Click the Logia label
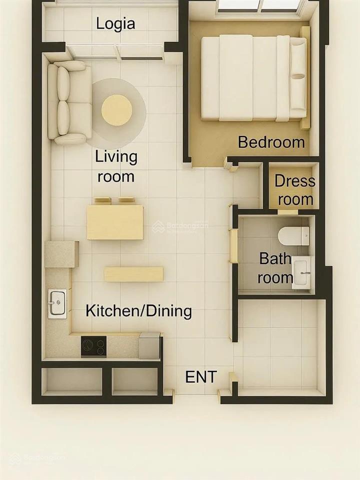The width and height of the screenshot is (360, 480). [x=115, y=23]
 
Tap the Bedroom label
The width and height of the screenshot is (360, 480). [x=271, y=142]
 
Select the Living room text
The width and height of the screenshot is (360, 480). [x=116, y=166]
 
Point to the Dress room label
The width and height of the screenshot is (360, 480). [x=295, y=190]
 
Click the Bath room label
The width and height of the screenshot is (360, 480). [x=275, y=268]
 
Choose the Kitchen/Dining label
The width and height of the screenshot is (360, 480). [x=138, y=311]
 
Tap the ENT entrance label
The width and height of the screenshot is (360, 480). [x=201, y=377]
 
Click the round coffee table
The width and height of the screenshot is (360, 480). [x=117, y=110]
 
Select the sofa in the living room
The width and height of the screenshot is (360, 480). [x=69, y=102]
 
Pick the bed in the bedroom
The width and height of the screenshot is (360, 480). [x=252, y=77]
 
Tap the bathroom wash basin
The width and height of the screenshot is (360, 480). [x=301, y=272]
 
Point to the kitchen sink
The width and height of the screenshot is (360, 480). [x=57, y=303]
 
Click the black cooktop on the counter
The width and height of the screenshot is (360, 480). [x=93, y=346]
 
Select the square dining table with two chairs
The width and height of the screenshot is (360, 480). [x=115, y=221]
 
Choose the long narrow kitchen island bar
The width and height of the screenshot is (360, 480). [x=133, y=274]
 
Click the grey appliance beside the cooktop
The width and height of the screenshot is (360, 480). [x=149, y=345]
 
